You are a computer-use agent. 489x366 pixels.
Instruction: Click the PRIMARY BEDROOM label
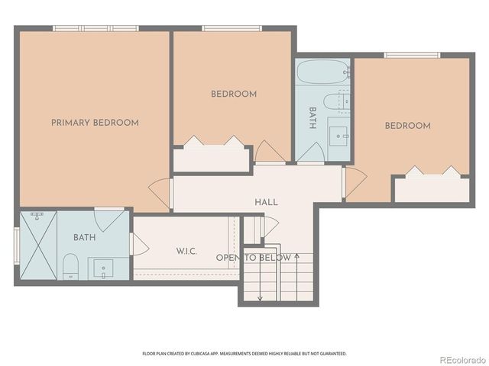95,123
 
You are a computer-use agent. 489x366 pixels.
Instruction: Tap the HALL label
266,202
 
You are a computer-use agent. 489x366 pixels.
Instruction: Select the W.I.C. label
187,251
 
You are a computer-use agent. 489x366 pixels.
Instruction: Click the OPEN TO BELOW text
253,258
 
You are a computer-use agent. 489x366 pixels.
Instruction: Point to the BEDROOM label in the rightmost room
406,126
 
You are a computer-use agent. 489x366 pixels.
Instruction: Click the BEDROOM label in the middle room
234,94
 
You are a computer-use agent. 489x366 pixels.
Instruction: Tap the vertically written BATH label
313,119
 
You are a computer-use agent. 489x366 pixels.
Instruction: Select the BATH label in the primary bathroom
84,238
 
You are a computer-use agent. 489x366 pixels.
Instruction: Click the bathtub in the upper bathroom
322,74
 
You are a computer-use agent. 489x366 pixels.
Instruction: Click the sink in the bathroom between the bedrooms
337,136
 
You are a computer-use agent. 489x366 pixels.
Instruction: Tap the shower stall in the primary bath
37,246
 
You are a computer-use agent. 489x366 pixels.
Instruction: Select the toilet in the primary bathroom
70,266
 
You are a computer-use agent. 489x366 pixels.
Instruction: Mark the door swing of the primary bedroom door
160,193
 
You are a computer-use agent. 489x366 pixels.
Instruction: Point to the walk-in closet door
140,244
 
